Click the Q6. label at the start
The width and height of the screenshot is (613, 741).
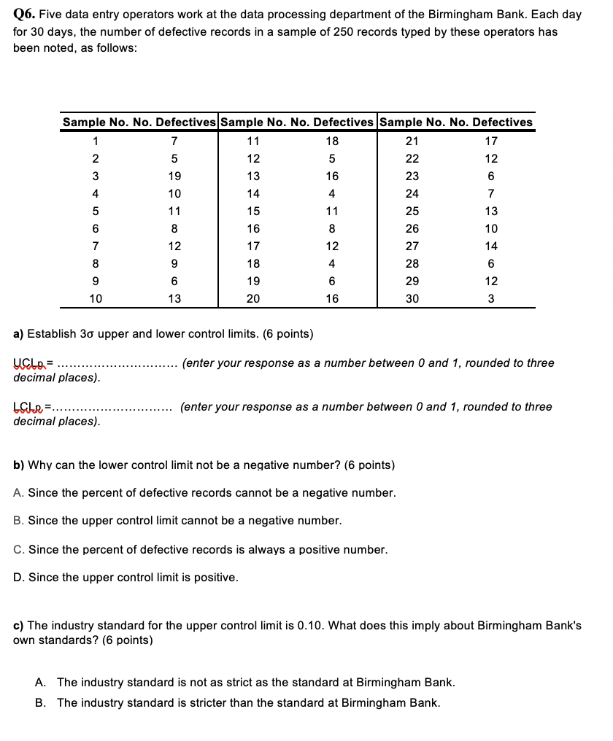[x=25, y=15]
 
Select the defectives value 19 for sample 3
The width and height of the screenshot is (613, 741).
[x=173, y=176]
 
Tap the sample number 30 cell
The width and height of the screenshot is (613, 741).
[x=412, y=298]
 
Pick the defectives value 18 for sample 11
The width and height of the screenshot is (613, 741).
[x=332, y=141]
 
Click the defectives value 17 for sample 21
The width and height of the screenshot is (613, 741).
[x=491, y=141]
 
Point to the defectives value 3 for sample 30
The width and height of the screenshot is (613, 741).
[x=491, y=298]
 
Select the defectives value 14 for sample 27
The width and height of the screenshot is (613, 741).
[x=491, y=246]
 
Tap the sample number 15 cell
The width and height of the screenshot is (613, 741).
[x=253, y=211]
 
